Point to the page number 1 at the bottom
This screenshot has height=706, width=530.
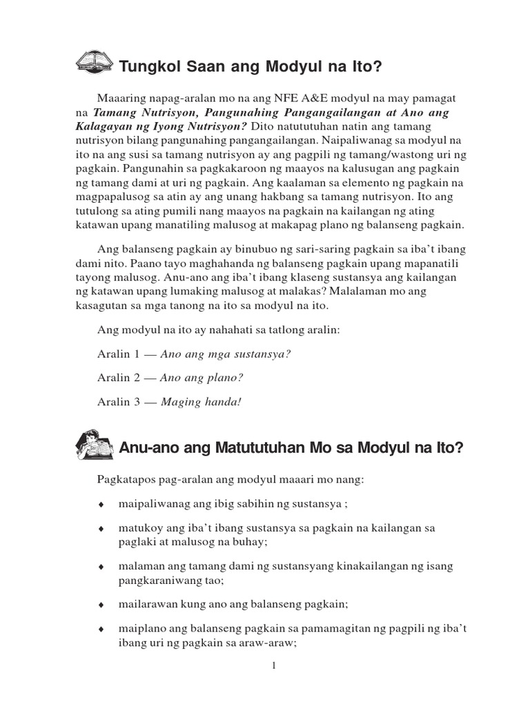[x=274, y=665]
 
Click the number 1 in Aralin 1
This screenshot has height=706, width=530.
[x=137, y=354]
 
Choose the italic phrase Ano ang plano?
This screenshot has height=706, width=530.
[x=202, y=378]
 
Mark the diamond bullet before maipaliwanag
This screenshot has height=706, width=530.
[x=101, y=504]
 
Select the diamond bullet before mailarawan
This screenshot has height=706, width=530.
[x=101, y=605]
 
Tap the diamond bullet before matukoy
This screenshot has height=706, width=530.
[x=101, y=529]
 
